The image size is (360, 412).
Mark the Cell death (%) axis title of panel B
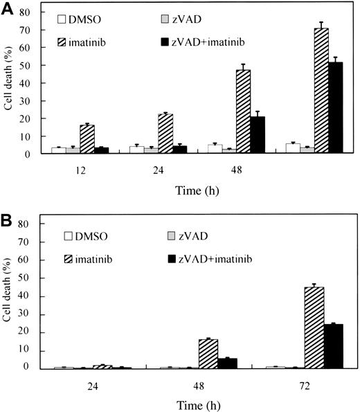coord(10,305)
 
